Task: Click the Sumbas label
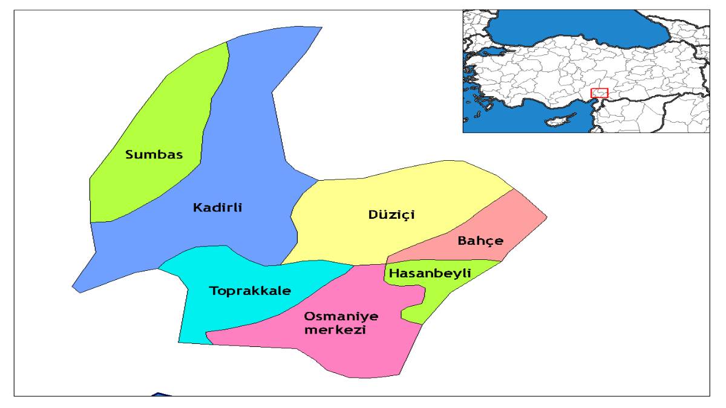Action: pos(154,155)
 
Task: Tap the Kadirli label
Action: pos(217,208)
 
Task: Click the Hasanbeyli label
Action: pos(430,274)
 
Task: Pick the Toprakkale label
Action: pos(250,291)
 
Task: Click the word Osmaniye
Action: pos(335,316)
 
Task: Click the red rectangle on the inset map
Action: pos(599,92)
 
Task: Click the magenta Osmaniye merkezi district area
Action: pos(363,357)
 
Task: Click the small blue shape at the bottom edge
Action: pos(159,395)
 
